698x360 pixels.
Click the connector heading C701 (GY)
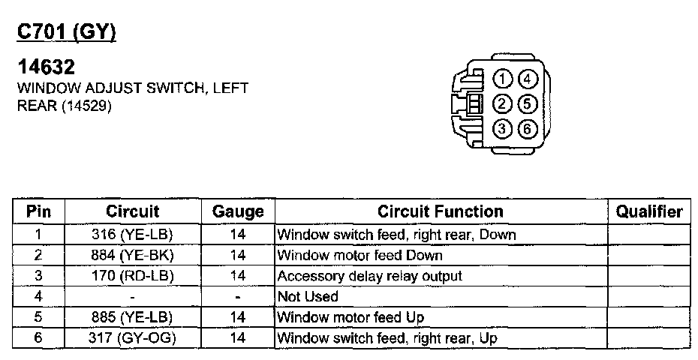(67, 32)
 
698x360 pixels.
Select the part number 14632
(46, 68)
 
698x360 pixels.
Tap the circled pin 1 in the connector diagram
(504, 79)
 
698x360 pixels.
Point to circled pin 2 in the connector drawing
(504, 103)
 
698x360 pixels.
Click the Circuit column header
(133, 211)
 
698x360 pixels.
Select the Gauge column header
(238, 211)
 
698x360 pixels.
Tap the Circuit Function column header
(440, 211)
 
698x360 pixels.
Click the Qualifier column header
(649, 211)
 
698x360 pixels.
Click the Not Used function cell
(308, 297)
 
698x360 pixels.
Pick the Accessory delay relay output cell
(369, 276)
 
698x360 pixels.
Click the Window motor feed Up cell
(351, 318)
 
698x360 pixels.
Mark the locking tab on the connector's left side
(473, 104)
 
